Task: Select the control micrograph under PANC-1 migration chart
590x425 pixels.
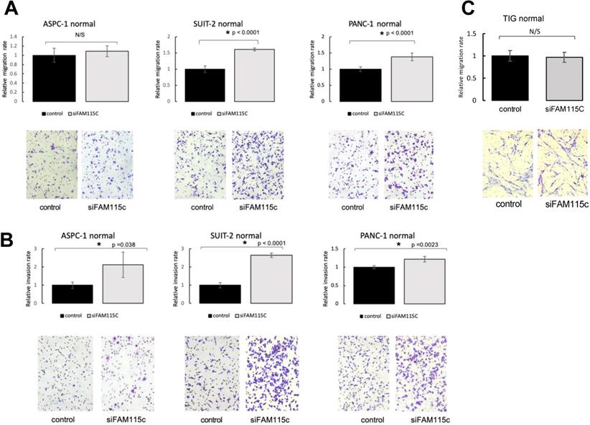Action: tap(348, 164)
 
